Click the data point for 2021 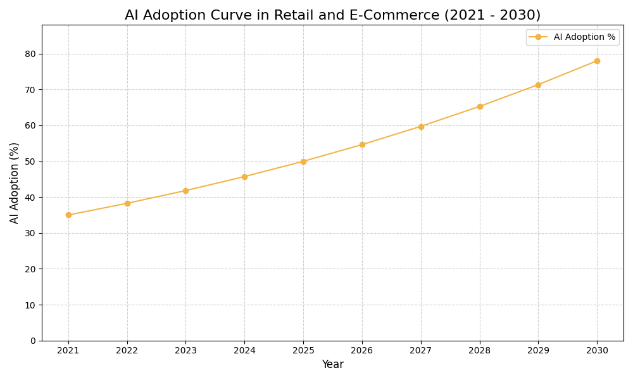68,215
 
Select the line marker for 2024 244,177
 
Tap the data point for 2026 362,144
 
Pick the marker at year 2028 480,106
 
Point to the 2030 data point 597,61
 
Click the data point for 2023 185,191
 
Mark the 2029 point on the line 538,85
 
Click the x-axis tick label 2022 127,351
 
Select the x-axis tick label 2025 303,351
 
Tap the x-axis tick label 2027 421,351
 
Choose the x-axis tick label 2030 597,351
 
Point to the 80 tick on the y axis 30,54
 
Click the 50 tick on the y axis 30,161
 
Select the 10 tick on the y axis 30,305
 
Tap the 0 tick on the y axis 33,341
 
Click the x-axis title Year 332,365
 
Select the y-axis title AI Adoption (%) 15,182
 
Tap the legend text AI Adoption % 584,37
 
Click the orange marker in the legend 538,37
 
